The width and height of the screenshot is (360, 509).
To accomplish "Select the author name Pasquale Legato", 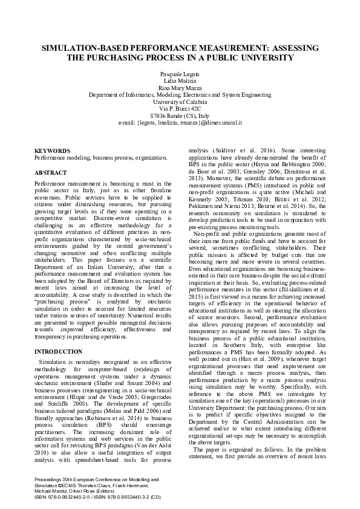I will tap(180, 73).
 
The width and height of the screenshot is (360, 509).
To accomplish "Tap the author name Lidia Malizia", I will tap(180, 80).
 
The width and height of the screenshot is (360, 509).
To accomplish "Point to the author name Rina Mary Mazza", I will tap(180, 88).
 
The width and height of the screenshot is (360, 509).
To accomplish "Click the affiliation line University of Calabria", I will tap(180, 102).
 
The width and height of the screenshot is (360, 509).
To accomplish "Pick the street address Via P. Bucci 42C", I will tap(180, 108).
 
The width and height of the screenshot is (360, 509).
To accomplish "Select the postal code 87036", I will tap(159, 115).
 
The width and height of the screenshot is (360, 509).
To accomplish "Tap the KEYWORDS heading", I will tap(52, 150).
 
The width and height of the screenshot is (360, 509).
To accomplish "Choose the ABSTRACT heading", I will tap(50, 173).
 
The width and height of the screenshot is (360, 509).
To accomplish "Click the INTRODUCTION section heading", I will tap(58, 351).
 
